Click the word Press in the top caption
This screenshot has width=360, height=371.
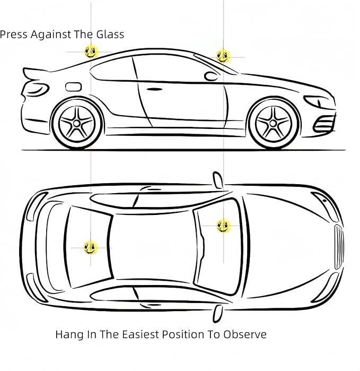[14, 34]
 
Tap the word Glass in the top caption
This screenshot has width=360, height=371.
[110, 34]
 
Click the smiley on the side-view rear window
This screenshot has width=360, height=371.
[91, 51]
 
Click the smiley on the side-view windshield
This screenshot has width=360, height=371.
[223, 56]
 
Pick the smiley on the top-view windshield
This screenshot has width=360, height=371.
[223, 226]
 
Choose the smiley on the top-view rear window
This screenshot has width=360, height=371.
[90, 247]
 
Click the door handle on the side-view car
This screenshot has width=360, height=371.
[155, 89]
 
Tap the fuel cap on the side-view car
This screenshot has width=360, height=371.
[73, 87]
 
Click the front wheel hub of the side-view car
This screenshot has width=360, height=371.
[273, 123]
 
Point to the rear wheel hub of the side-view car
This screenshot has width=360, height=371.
[76, 123]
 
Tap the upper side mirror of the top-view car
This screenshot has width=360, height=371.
[217, 180]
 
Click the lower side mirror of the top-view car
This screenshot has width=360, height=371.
[217, 313]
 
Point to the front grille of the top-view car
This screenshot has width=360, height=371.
[339, 247]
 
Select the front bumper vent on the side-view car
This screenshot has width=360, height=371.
[324, 124]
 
